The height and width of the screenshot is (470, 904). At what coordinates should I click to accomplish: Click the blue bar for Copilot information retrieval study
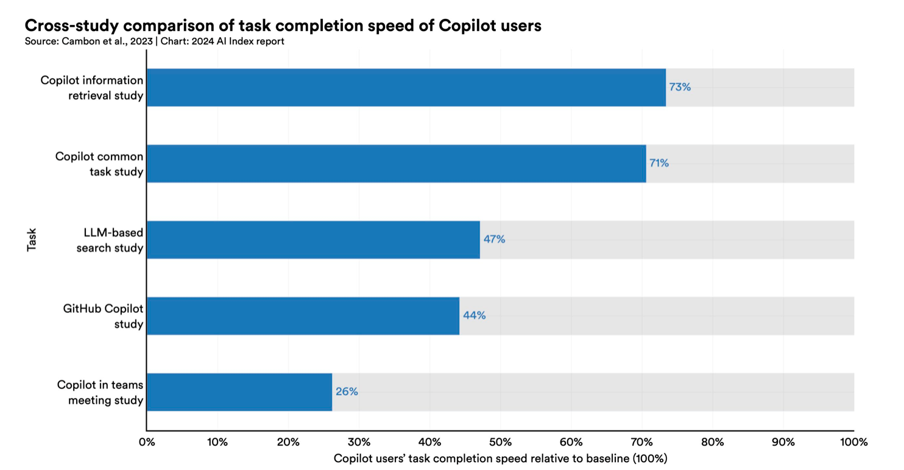406,88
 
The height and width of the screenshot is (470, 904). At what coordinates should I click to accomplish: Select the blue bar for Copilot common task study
397,163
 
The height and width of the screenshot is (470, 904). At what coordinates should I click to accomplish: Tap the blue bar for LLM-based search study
314,240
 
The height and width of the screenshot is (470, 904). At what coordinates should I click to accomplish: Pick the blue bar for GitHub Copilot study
303,316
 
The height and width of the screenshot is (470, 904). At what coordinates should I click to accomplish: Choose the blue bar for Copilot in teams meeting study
239,392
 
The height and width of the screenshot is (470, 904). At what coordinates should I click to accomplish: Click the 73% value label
680,87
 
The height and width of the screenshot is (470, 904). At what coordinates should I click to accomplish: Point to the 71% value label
659,163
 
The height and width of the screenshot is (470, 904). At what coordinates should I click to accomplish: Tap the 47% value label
495,239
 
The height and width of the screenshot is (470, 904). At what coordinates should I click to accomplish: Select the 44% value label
474,315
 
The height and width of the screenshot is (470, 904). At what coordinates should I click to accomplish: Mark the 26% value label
347,391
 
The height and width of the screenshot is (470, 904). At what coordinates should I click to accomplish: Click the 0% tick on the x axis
147,442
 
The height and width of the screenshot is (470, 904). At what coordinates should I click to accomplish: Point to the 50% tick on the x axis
501,442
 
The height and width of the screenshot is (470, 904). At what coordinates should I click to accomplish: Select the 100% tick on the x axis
854,442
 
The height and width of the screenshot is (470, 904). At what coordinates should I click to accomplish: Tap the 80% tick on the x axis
713,442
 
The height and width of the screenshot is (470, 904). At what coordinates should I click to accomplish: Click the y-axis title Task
32,240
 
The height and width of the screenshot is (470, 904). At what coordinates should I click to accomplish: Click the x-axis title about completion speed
501,458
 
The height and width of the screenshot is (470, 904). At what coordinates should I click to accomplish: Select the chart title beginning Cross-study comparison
283,26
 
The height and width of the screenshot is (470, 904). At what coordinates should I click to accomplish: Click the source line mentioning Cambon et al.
154,41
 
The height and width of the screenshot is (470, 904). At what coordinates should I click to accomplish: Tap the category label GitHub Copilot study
103,317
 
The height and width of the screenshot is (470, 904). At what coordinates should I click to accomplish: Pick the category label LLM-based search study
110,240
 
